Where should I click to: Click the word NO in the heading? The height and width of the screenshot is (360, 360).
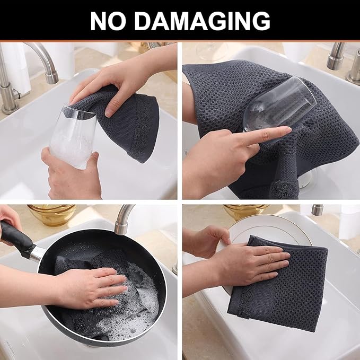tap(107, 21)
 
